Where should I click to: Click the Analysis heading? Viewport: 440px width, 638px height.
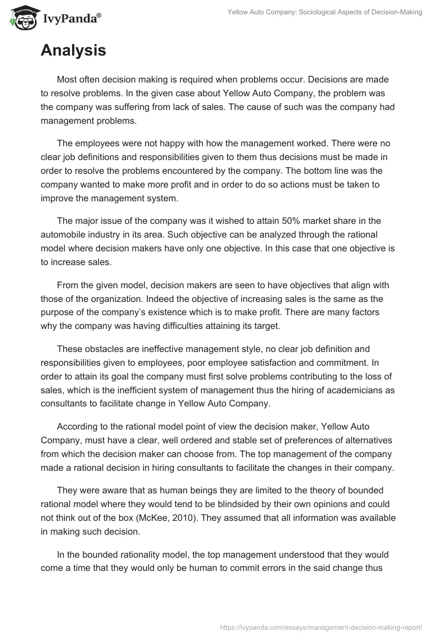point(73,51)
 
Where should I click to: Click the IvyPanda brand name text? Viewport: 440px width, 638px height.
point(71,19)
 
